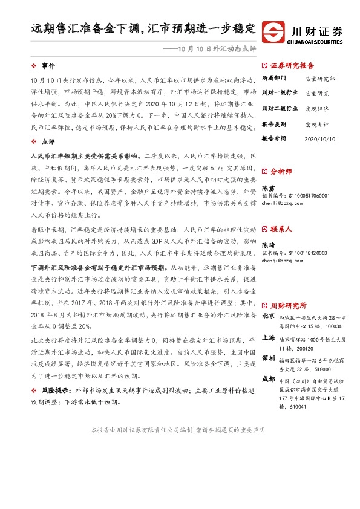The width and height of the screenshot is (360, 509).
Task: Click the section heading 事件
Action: coord(48,65)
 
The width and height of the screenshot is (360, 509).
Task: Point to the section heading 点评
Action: coord(48,141)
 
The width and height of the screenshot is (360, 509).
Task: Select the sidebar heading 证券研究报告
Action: coord(292,65)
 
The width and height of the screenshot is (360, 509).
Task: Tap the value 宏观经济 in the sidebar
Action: coord(316,109)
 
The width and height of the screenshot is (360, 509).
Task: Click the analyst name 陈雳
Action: coord(267,189)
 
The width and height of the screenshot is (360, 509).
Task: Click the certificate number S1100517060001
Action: coord(301,196)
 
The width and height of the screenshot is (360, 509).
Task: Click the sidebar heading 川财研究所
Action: coord(288,305)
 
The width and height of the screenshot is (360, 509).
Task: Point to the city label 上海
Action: coord(268,339)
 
